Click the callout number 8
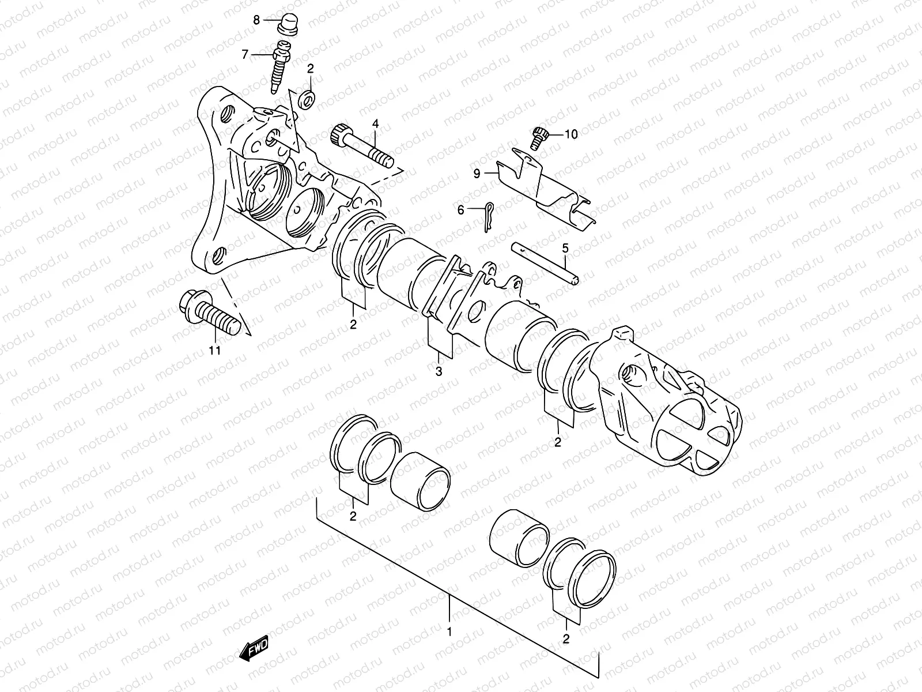257,20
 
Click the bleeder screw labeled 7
280,66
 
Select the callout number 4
375,123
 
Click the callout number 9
477,172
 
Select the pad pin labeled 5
545,263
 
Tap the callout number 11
214,349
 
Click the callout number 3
439,372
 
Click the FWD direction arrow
253,650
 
